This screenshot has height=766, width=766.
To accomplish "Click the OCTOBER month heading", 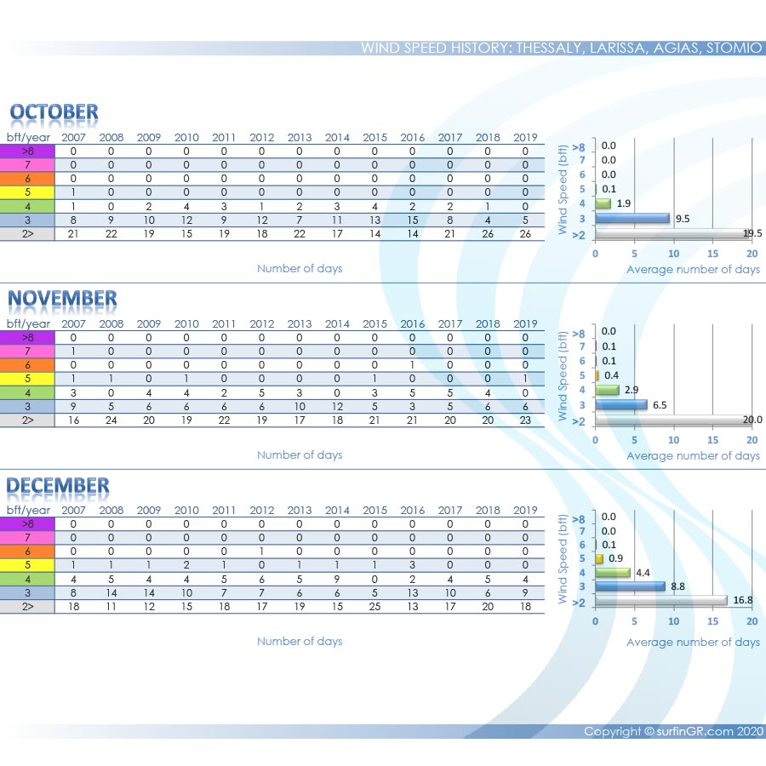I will tap(54, 112).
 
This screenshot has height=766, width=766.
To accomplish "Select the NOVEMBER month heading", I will tap(62, 299).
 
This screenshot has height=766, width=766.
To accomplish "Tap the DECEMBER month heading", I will tap(58, 486).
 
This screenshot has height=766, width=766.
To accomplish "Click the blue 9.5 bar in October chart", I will tap(632, 218).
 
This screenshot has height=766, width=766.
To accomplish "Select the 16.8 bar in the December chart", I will tap(661, 601).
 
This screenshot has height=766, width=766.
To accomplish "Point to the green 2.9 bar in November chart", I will tap(607, 390).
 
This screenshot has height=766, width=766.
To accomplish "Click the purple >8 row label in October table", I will tap(27, 151).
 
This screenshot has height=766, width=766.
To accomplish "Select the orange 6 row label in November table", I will tap(27, 364).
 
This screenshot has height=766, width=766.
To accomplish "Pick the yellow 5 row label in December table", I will tap(27, 565).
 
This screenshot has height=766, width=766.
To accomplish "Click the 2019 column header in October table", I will tap(525, 137).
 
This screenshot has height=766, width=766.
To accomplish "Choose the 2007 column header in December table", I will tap(73, 510).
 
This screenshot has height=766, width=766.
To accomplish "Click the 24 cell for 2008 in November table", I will tap(111, 420).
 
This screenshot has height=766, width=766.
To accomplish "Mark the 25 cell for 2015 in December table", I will tap(374, 606).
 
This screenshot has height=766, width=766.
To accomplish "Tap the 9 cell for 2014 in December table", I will tap(337, 579).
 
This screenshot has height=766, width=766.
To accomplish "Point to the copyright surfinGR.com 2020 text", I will tap(673, 732).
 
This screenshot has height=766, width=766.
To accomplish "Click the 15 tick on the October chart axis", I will tap(713, 254).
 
